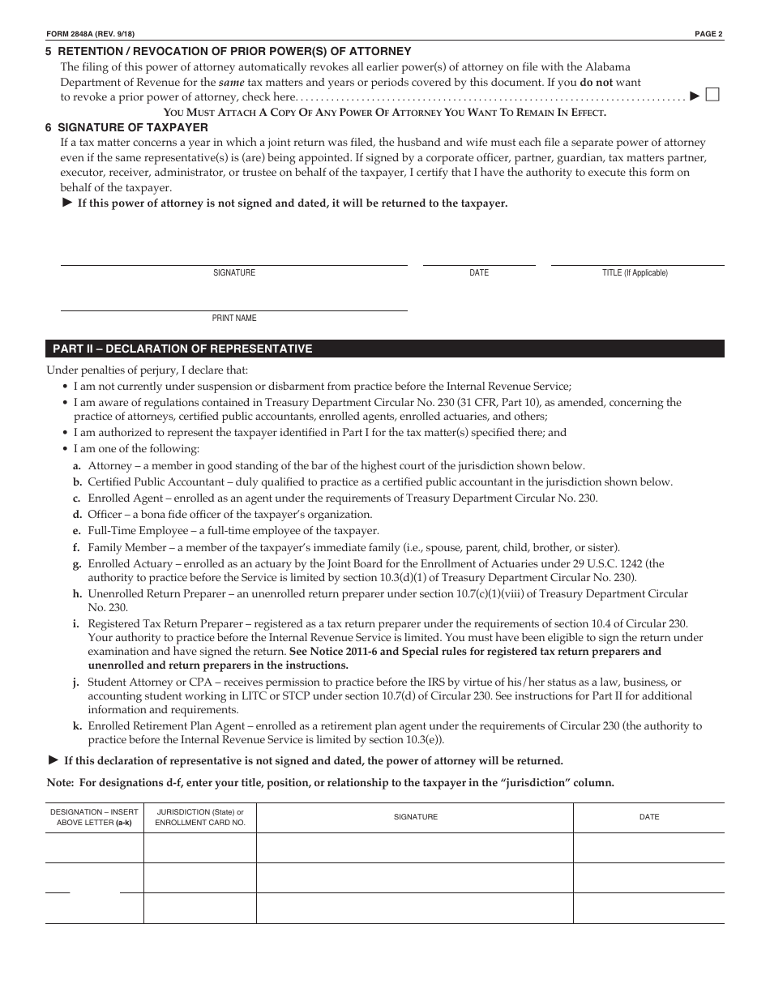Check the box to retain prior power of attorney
(x=712, y=95)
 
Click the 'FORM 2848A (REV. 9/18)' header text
(x=91, y=33)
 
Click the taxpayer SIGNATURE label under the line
(x=234, y=273)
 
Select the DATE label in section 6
(x=479, y=273)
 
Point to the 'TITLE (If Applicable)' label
(x=635, y=273)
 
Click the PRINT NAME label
(x=234, y=319)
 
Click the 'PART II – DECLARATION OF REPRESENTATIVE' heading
(x=182, y=349)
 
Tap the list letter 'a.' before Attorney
(x=77, y=466)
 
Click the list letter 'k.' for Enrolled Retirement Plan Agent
(x=77, y=726)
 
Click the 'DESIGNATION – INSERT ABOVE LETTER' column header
(x=94, y=817)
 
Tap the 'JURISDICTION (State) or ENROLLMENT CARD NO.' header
(x=199, y=817)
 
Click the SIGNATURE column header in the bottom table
(x=415, y=817)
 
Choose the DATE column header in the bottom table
(x=649, y=817)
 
